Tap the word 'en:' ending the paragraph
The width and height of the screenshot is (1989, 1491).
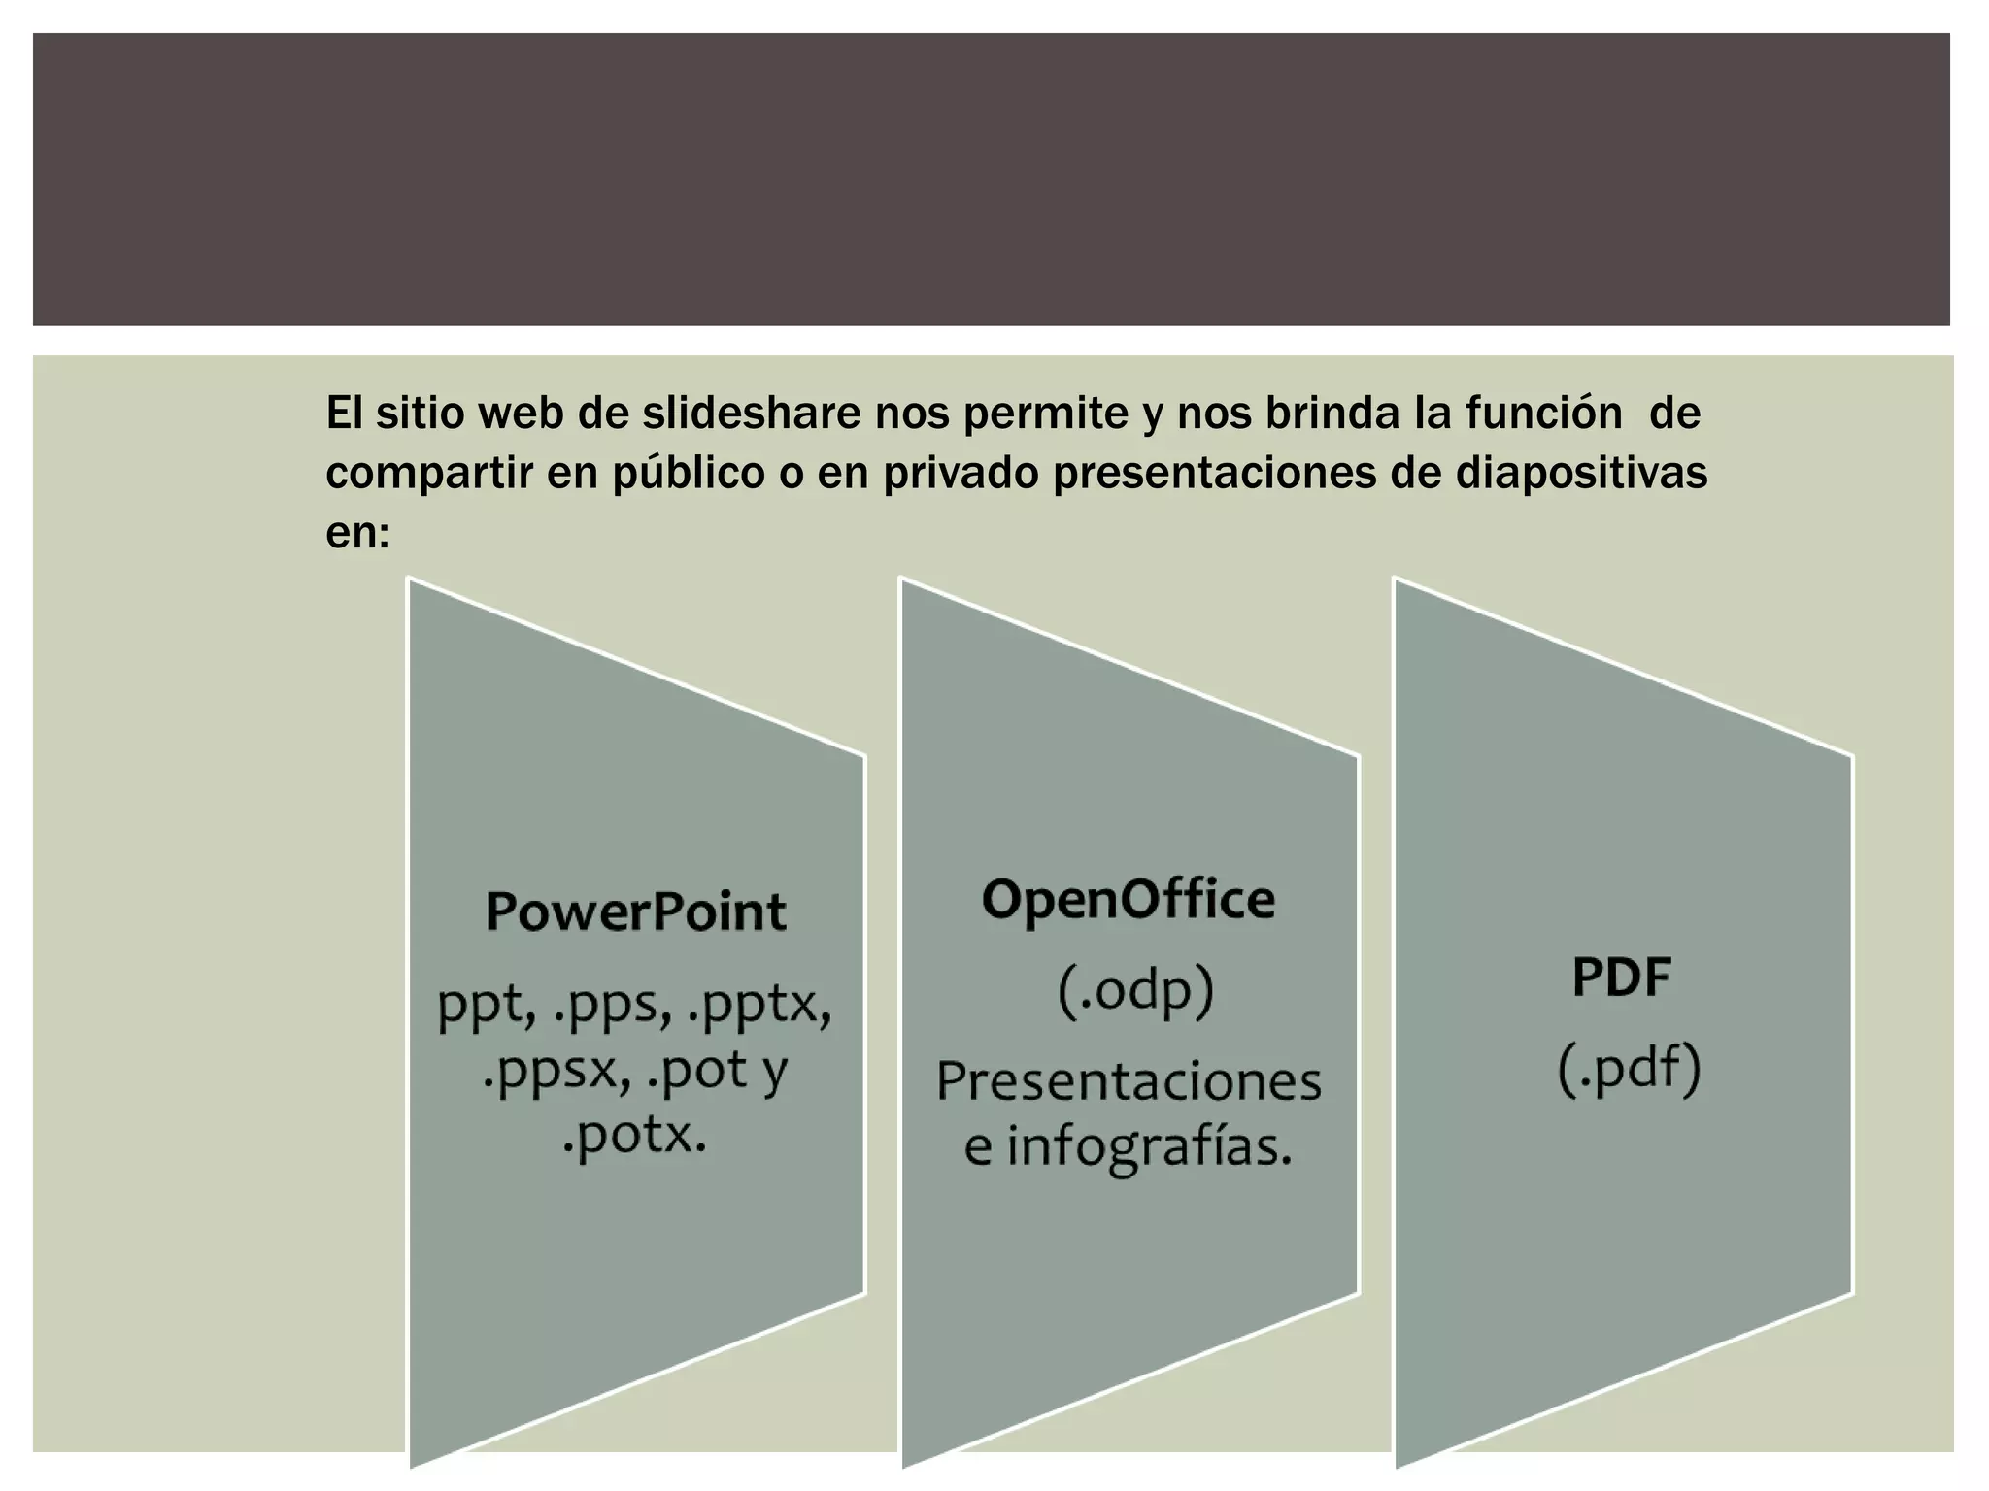(357, 533)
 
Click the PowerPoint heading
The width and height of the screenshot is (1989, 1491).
(635, 911)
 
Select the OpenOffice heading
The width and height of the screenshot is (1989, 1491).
(1128, 900)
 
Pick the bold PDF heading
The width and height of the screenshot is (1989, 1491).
(1621, 977)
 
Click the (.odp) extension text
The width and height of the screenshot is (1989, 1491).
(1135, 991)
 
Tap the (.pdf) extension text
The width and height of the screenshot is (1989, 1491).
(1629, 1069)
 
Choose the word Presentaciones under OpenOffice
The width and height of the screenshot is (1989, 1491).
(1129, 1081)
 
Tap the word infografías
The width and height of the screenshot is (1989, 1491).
(1148, 1147)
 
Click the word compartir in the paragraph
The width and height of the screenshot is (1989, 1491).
(427, 474)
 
